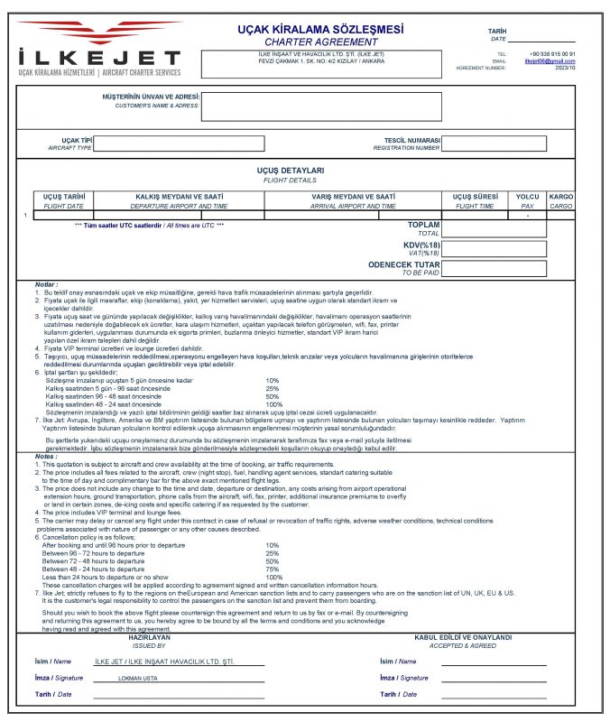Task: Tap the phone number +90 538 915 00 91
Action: click(x=551, y=54)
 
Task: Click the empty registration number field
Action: click(x=494, y=143)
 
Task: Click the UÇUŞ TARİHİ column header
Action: click(x=64, y=196)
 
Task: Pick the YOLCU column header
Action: click(x=527, y=196)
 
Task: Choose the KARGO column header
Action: click(x=561, y=196)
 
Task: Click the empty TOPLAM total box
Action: click(x=494, y=228)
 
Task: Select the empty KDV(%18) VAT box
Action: click(x=494, y=248)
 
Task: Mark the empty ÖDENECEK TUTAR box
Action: click(x=494, y=268)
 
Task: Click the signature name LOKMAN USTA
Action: click(x=138, y=677)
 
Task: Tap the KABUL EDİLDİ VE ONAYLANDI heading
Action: click(x=462, y=636)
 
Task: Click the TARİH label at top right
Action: click(x=498, y=31)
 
